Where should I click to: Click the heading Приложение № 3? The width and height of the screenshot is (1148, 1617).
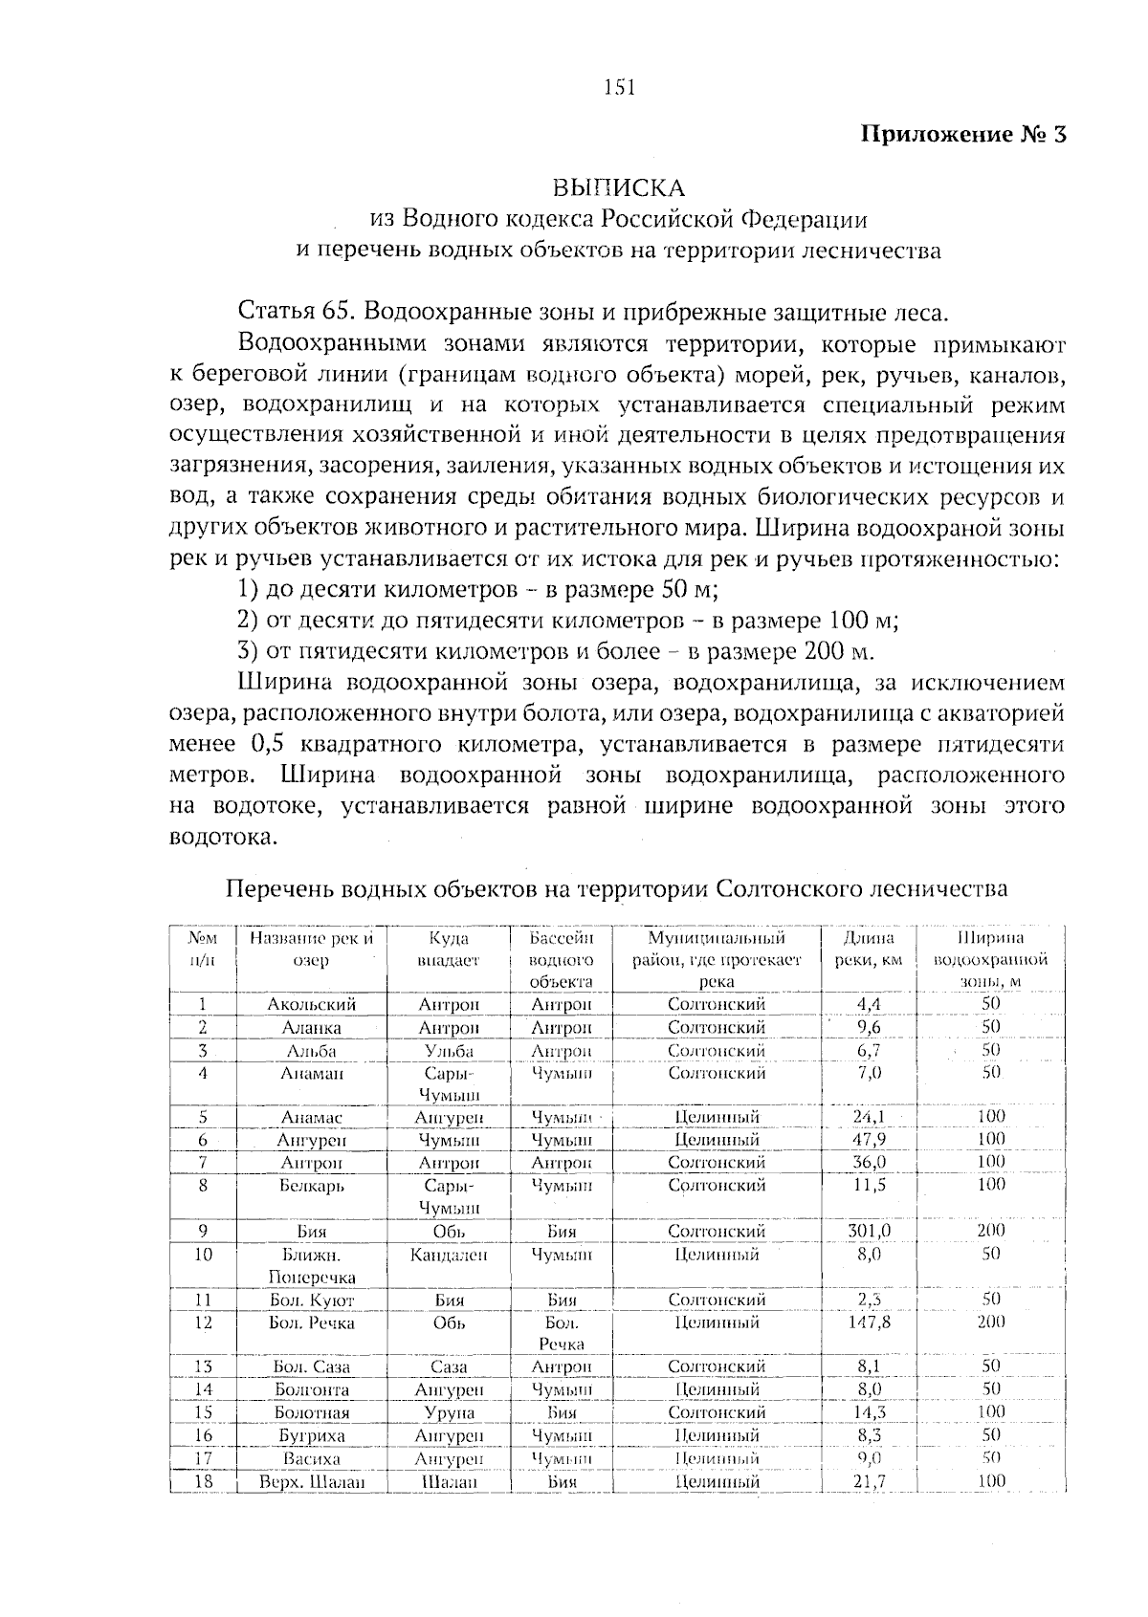tap(964, 133)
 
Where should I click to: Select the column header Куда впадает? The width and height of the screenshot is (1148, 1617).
tap(449, 949)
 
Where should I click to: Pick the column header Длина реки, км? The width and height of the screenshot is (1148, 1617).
tap(869, 949)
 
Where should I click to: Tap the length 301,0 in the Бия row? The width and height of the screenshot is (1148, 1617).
tap(869, 1231)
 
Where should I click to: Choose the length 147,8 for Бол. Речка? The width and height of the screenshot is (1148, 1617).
tap(869, 1322)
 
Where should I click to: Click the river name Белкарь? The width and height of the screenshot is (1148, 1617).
tap(312, 1185)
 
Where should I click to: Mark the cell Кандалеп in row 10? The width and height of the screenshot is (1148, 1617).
tap(449, 1254)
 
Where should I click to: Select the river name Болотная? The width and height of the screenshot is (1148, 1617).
tap(312, 1412)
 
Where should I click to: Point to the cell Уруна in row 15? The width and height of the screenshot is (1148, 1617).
tap(449, 1412)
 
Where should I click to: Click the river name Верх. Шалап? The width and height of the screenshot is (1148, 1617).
tap(312, 1481)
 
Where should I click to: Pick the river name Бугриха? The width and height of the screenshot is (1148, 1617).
tap(312, 1435)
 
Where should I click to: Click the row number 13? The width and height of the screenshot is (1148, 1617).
tap(203, 1366)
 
